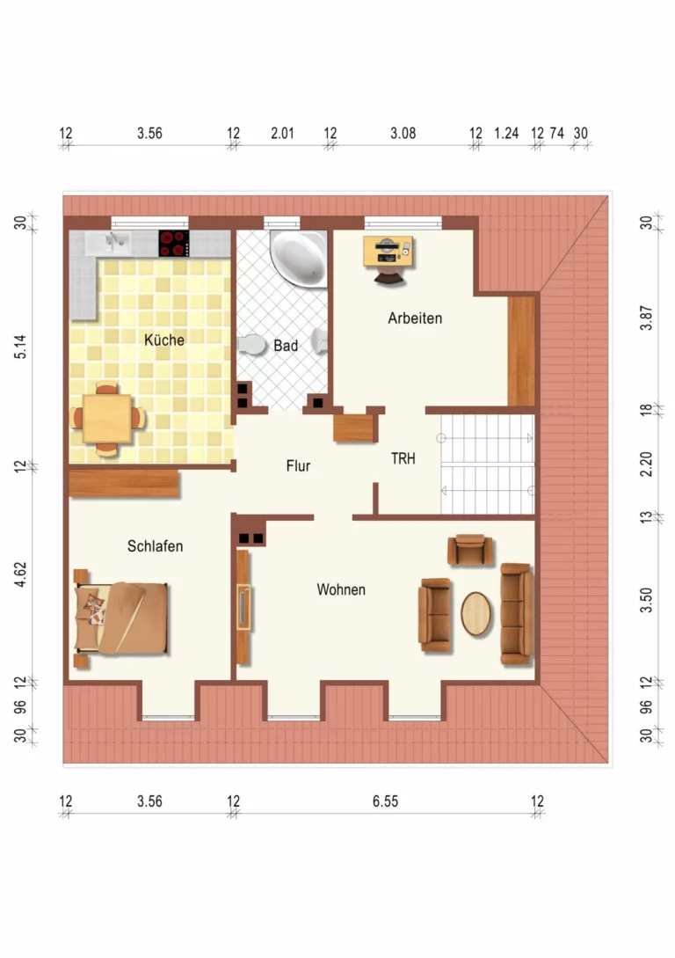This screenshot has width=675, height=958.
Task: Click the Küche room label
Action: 164,340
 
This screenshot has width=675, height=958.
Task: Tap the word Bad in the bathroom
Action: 286,346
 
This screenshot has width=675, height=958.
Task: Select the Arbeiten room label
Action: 415,318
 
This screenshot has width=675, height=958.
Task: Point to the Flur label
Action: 299,466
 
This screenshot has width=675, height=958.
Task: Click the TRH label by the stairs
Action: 403,459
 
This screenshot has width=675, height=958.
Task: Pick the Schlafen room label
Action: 155,546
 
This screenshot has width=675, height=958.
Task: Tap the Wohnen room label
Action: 341,589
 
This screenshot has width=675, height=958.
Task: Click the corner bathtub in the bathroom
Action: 299,257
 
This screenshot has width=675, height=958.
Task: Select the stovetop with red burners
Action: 174,243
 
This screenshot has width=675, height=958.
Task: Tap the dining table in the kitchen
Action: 107,419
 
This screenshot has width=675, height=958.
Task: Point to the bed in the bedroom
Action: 121,618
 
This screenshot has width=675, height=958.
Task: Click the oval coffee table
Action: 476,614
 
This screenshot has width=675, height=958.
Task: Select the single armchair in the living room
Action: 470,550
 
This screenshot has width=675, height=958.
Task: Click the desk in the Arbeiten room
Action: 388,251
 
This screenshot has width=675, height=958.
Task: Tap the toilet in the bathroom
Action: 252,345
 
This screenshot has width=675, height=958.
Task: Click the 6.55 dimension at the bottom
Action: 386,801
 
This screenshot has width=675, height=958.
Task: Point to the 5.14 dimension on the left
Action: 21,347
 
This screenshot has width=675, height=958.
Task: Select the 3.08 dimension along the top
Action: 403,133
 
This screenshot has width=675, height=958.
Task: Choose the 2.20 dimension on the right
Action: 646,464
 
